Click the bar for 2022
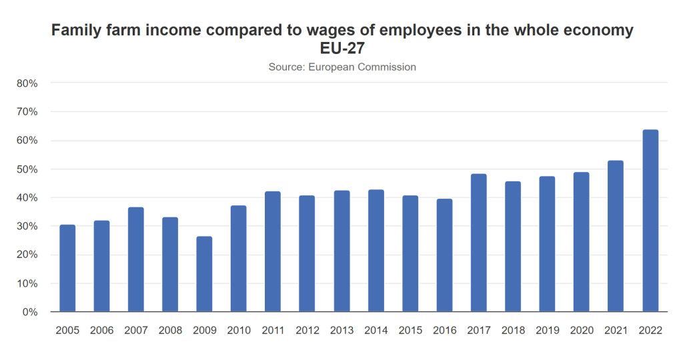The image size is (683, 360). (650, 221)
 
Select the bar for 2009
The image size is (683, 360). (204, 274)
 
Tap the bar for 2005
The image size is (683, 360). (67, 268)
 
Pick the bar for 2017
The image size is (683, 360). (479, 243)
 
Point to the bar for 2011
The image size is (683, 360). (273, 251)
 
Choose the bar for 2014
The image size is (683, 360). (376, 251)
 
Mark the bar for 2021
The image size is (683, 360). (616, 236)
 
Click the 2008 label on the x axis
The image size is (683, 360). (170, 331)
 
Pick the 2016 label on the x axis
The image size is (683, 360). (444, 331)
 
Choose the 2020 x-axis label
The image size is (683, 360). (581, 331)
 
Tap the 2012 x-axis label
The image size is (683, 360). (307, 331)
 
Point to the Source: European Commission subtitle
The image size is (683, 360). (342, 67)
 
